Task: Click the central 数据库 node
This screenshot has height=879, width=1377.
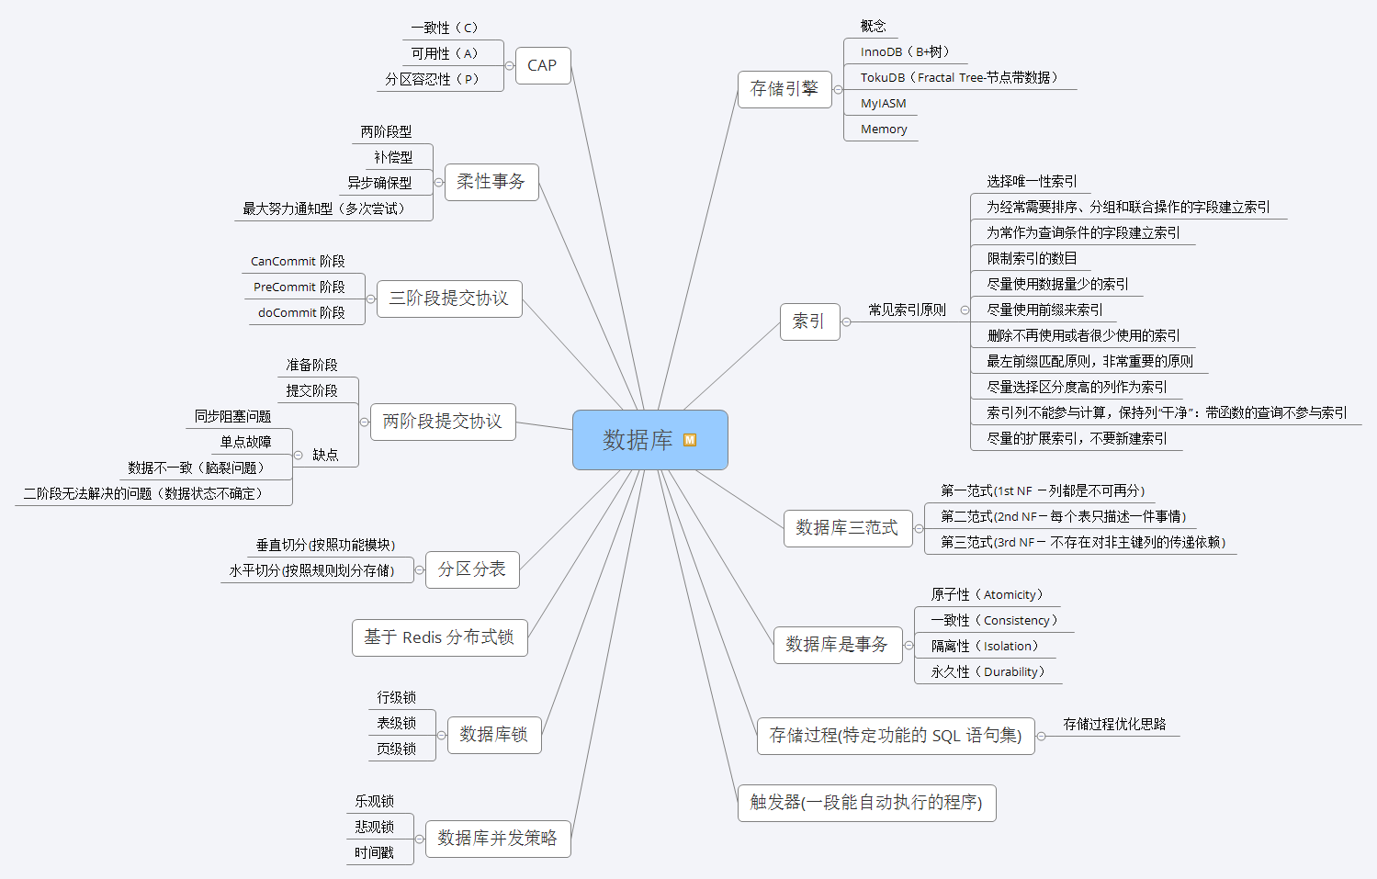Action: (x=638, y=440)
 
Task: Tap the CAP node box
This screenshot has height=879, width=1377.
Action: (x=542, y=66)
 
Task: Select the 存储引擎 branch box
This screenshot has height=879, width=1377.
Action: (x=784, y=89)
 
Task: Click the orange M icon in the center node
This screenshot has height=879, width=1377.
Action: (x=690, y=440)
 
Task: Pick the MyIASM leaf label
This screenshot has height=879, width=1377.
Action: (x=883, y=104)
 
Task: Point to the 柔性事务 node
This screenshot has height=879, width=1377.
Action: (x=491, y=182)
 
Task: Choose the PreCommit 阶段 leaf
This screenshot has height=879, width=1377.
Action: (x=299, y=287)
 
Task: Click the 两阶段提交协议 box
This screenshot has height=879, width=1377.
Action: (x=442, y=422)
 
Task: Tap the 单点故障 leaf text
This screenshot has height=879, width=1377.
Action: (x=245, y=442)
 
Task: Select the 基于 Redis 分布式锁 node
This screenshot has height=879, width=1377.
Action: (x=439, y=637)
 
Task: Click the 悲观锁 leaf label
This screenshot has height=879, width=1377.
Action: (x=375, y=827)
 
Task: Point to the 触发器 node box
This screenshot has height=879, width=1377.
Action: (x=866, y=803)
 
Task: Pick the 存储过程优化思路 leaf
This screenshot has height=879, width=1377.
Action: (x=1114, y=725)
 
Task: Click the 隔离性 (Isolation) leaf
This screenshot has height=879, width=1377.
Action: (x=984, y=647)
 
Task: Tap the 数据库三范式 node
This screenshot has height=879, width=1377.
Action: (x=847, y=528)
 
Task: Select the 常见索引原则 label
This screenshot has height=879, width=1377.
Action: (x=907, y=310)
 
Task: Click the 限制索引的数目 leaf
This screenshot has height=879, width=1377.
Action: (x=1032, y=259)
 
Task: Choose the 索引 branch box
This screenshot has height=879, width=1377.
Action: (x=808, y=321)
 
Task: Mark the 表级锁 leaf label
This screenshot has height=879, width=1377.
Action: (x=397, y=724)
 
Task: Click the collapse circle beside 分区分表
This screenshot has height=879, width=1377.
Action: (x=420, y=570)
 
